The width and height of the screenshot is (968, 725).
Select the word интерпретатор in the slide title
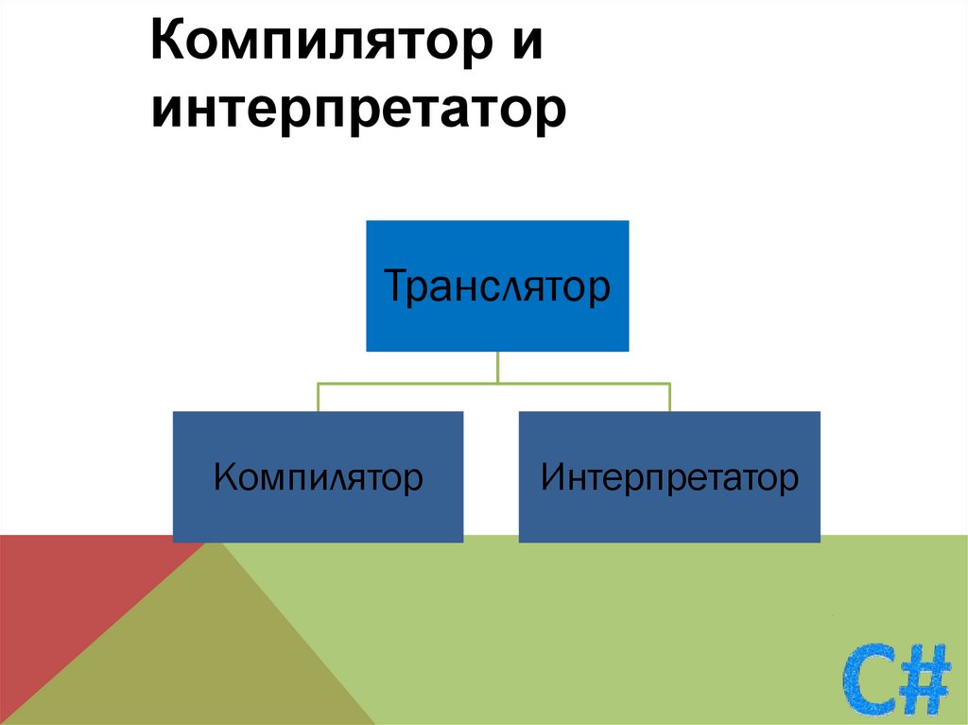coord(358,110)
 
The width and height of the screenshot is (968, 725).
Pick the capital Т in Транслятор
coord(395,285)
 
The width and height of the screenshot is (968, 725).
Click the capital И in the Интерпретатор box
coord(552,476)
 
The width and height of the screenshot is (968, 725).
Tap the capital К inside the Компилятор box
coord(224,476)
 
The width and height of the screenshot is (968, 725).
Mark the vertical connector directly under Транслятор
coord(497,367)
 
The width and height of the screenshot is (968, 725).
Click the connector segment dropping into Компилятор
coord(318,398)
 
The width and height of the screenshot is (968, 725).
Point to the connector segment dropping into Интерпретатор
coord(669,398)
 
